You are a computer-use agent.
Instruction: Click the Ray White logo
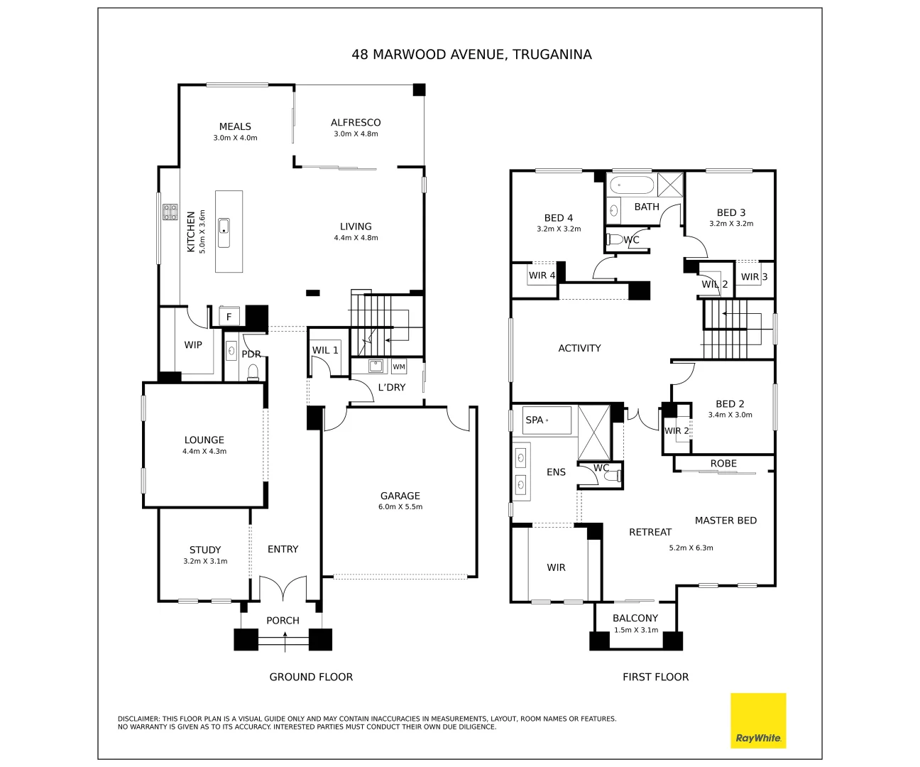[758, 720]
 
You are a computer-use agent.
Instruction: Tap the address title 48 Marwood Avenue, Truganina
[471, 55]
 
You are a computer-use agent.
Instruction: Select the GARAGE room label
[400, 496]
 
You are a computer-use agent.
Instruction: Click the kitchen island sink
[224, 227]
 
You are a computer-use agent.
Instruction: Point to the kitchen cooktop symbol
[170, 212]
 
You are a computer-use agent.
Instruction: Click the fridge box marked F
[229, 317]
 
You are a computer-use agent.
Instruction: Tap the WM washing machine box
[399, 366]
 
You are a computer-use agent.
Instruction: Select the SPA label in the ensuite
[535, 420]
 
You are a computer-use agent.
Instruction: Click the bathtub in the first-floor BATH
[631, 185]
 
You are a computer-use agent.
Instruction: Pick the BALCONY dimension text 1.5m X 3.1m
[635, 630]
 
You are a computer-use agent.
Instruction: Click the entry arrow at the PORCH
[285, 643]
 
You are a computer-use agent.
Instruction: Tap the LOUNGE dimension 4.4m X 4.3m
[204, 452]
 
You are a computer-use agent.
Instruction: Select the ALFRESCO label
[356, 123]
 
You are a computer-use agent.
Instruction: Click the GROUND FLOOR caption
[311, 677]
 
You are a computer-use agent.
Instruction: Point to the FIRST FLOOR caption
[655, 677]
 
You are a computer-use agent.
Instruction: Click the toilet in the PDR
[253, 373]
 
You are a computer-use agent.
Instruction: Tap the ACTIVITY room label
[579, 348]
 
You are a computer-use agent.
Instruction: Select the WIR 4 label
[542, 276]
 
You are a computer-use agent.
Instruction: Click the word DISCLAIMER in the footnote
[138, 719]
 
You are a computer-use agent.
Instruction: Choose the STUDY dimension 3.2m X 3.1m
[205, 561]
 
